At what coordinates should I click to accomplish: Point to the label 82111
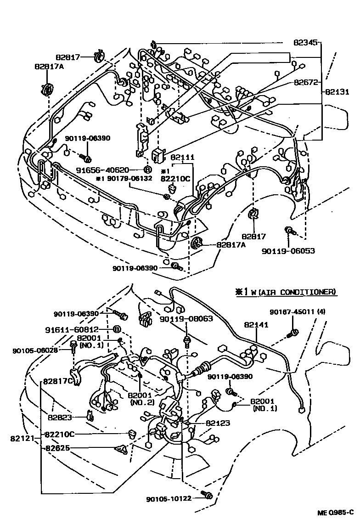[183, 157]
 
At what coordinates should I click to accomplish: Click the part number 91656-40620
[109, 169]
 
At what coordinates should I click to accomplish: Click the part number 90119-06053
[289, 251]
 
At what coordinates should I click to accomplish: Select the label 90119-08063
[186, 318]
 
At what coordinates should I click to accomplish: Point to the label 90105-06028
[36, 350]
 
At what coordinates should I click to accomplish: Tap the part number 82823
[62, 418]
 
